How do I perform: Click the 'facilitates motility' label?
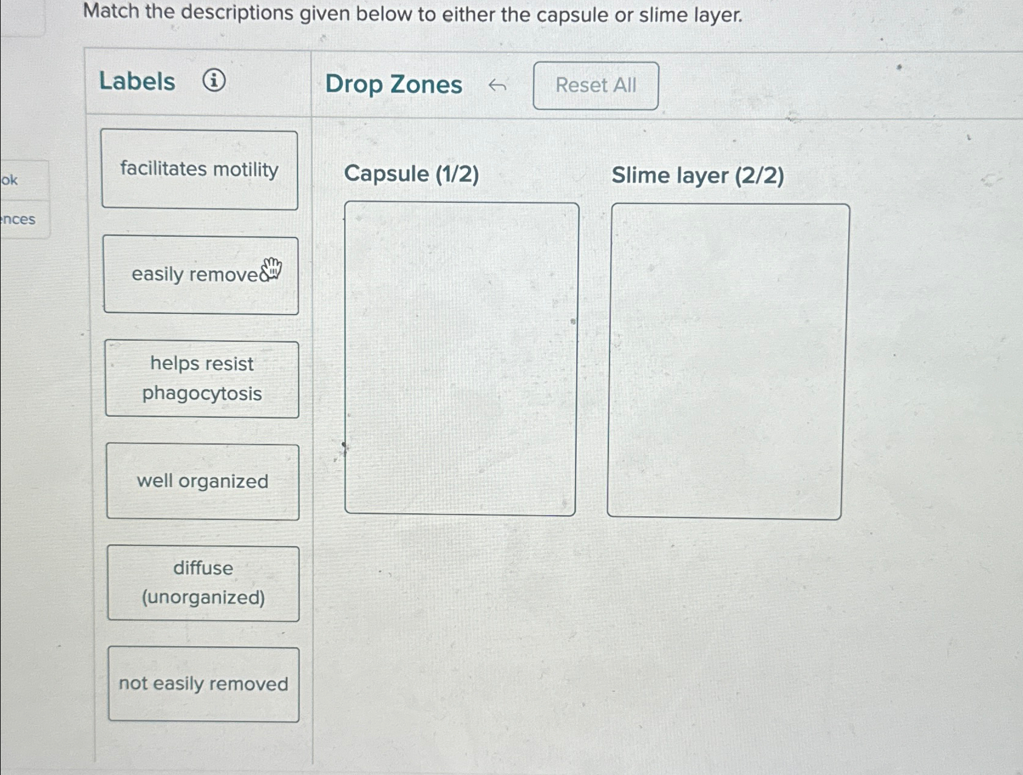[199, 169]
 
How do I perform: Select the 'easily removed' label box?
[200, 275]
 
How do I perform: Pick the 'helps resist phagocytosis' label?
[202, 379]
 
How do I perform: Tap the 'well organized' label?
[203, 482]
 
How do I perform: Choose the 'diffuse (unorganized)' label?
[203, 583]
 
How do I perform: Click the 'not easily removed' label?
[203, 684]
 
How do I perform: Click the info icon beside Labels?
[214, 80]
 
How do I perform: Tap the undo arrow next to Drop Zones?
[497, 86]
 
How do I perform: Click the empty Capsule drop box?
[460, 358]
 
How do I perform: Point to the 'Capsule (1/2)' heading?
[411, 174]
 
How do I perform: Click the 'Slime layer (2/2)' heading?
[698, 176]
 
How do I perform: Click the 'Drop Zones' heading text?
[393, 84]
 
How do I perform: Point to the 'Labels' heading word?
[137, 81]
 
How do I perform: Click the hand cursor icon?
[272, 267]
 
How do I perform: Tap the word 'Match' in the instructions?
[111, 12]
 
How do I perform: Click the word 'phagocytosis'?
[202, 394]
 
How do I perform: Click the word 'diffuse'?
[203, 568]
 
